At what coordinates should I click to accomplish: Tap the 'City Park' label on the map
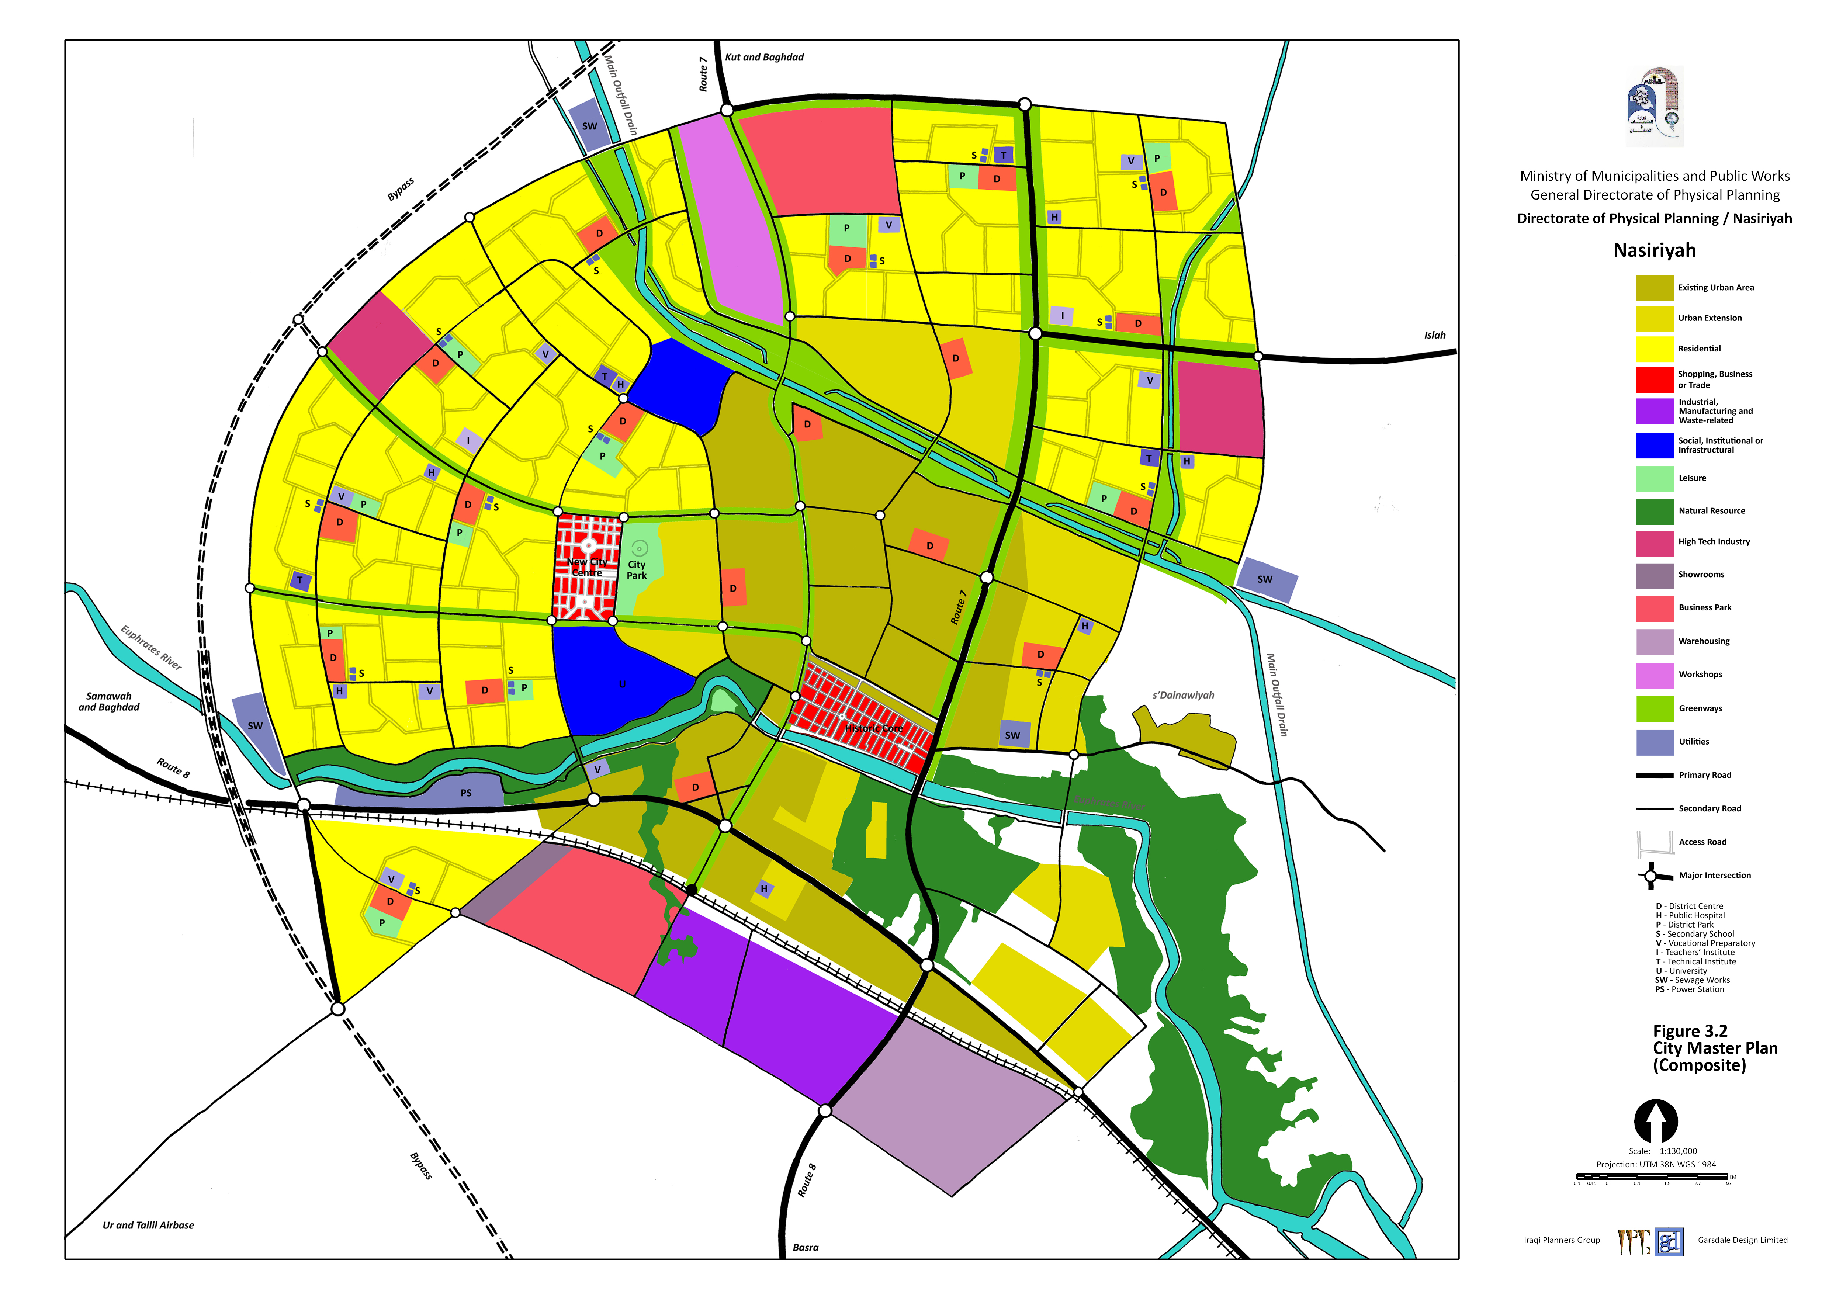637,570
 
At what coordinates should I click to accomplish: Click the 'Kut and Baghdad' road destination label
764,58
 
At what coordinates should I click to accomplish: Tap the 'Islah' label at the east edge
1435,335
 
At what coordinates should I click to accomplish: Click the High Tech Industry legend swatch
1655,542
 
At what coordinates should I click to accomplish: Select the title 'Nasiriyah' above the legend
1655,250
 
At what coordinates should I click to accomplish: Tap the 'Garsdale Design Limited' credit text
1742,1240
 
